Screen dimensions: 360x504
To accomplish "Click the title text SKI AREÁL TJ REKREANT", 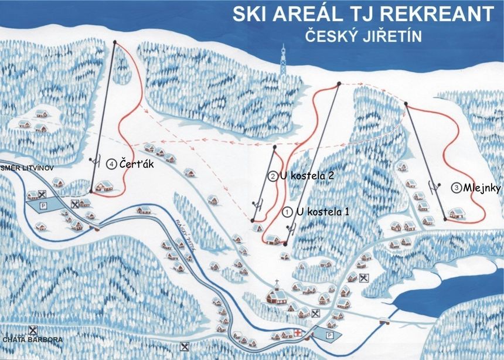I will pyautogui.click(x=362, y=14).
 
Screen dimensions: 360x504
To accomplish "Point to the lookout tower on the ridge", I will pyautogui.click(x=284, y=59).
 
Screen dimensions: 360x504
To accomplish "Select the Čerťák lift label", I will pyautogui.click(x=137, y=164).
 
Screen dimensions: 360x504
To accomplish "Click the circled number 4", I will pyautogui.click(x=111, y=165).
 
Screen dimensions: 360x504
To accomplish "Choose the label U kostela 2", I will pyautogui.click(x=302, y=175).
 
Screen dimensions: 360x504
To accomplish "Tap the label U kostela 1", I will pyautogui.click(x=323, y=211).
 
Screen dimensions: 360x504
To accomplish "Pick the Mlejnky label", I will pyautogui.click(x=481, y=188).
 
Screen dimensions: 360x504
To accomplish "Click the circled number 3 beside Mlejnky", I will pyautogui.click(x=456, y=188).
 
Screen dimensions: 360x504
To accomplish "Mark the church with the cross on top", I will pyautogui.click(x=276, y=293).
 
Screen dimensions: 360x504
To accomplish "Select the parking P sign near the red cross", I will pyautogui.click(x=329, y=334).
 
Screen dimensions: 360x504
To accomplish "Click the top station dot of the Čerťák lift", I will pyautogui.click(x=114, y=42).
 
